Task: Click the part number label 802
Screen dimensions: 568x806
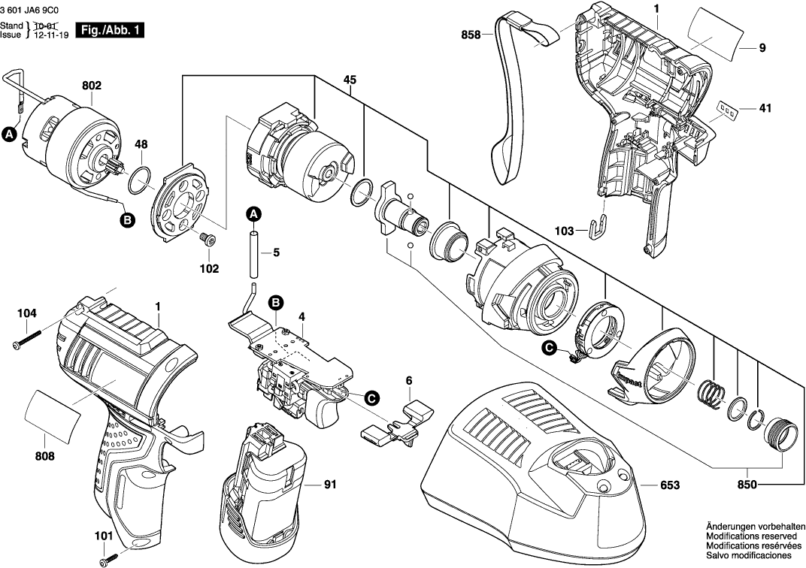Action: coord(91,86)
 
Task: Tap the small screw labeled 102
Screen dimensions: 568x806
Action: coord(208,240)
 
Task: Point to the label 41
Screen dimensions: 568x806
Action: coord(765,108)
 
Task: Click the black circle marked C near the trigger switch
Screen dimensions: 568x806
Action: coord(371,397)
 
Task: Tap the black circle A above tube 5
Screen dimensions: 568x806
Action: coord(254,214)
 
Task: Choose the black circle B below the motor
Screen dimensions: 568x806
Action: coord(128,220)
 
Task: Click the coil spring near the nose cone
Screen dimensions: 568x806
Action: coord(711,394)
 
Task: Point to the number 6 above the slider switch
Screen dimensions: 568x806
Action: coord(409,381)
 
